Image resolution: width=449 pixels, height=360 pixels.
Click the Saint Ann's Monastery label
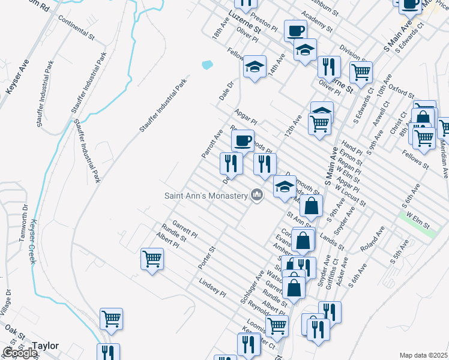click(206, 196)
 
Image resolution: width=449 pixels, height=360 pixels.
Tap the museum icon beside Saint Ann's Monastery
click(257, 195)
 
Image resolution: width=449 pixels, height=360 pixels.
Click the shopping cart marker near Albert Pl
click(152, 259)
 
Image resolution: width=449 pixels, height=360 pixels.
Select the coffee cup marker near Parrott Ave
click(243, 141)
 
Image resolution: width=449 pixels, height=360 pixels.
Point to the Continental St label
click(76, 28)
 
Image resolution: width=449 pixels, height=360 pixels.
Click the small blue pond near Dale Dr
click(208, 64)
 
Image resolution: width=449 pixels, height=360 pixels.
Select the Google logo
click(20, 352)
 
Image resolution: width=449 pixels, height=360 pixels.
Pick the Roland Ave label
click(372, 240)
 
